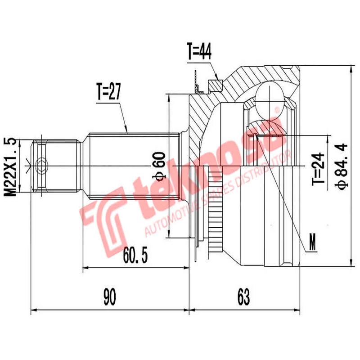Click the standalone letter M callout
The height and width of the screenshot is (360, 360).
click(x=312, y=243)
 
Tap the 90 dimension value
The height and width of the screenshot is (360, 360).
click(x=108, y=297)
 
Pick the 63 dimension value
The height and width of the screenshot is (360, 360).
click(x=243, y=297)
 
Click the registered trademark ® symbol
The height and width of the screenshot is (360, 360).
click(x=277, y=109)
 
